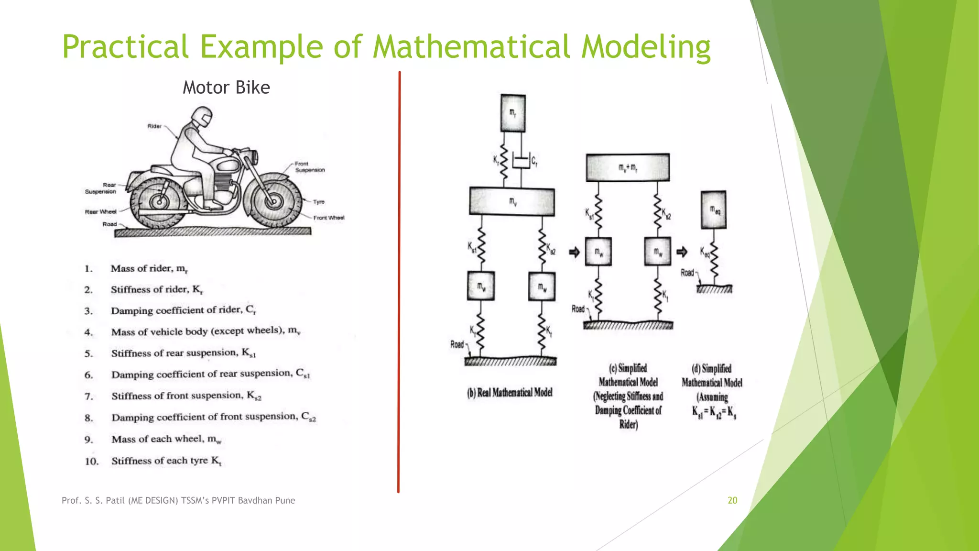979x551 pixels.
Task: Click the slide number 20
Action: (x=732, y=500)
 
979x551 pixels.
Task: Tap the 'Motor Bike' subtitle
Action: (x=226, y=88)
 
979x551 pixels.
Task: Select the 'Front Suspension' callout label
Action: (x=309, y=166)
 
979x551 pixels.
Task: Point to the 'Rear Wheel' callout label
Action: (x=100, y=211)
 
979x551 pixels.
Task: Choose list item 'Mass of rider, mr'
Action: (x=149, y=268)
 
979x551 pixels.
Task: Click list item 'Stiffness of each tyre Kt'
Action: (x=166, y=461)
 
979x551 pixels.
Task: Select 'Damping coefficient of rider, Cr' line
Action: (x=184, y=310)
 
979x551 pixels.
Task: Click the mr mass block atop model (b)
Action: (x=512, y=113)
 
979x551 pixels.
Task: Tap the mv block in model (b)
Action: (x=512, y=201)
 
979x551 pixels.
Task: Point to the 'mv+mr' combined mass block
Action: (x=627, y=167)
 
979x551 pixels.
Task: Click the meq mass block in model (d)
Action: (x=713, y=209)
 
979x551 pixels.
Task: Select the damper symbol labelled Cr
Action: (x=521, y=161)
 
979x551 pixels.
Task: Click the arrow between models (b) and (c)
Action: (x=574, y=252)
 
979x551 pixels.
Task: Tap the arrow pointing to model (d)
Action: (x=682, y=252)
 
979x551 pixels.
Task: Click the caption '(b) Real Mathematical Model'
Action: (x=510, y=393)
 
